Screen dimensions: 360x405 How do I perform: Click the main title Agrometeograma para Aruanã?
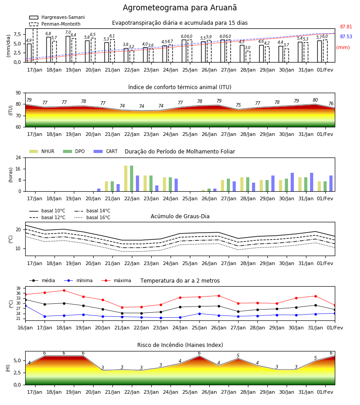coord(180,8)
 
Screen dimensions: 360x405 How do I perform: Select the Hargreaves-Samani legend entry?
coord(57,17)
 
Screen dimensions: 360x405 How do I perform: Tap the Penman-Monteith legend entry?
coord(55,24)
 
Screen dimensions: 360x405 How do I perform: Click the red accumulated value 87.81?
coord(346,27)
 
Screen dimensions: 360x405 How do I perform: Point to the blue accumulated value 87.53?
coord(346,37)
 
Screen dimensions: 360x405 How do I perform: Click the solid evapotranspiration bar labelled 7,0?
coord(68,49)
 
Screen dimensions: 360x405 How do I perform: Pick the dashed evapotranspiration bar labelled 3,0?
coord(248,57)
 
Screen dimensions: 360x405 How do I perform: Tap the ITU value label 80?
coord(315,100)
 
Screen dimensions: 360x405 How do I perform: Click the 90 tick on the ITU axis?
coord(18,93)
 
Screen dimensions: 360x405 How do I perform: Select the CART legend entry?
coord(106,151)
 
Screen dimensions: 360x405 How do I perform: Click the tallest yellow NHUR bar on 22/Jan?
coord(126,179)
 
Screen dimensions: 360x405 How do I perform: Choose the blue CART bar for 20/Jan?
coord(99,190)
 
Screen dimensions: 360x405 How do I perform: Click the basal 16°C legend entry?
coord(92,217)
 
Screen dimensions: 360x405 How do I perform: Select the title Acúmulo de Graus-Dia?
coord(180,216)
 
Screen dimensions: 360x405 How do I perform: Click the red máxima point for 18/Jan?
coord(64,290)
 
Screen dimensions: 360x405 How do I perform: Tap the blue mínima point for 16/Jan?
coord(25,306)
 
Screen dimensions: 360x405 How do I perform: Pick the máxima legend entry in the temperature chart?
coord(116,280)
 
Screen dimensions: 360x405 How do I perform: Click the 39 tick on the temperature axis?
coord(18,288)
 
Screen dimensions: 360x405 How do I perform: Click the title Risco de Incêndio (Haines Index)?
coord(180,345)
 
